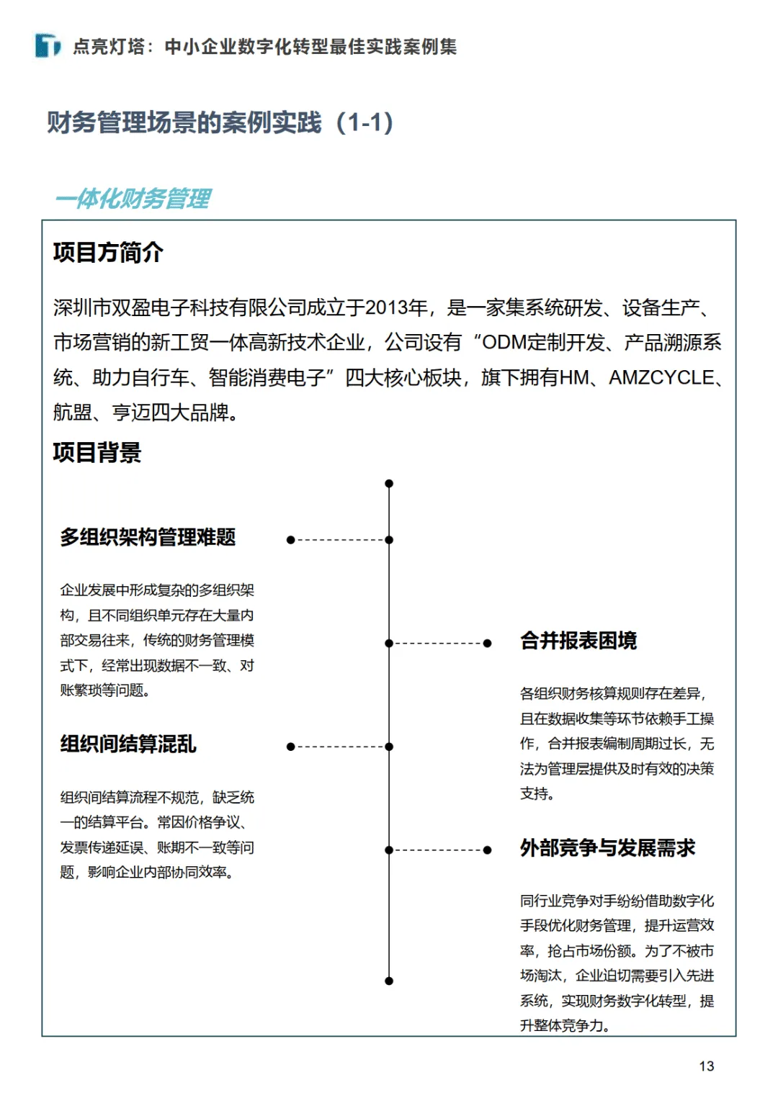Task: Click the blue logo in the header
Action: tap(48, 46)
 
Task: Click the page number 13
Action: tap(706, 1066)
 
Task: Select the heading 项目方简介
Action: tap(108, 253)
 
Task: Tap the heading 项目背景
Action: tap(97, 453)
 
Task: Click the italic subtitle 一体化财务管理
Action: tap(133, 199)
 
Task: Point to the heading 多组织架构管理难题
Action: tap(148, 537)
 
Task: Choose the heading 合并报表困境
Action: tap(578, 641)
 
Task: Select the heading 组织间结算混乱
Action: tap(128, 744)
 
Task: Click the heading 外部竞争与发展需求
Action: tap(607, 848)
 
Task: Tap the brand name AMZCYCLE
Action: tap(661, 378)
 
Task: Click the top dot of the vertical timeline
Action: tap(389, 484)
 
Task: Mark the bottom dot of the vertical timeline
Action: tap(389, 981)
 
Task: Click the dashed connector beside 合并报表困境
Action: tap(438, 644)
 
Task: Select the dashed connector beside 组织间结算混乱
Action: tap(339, 747)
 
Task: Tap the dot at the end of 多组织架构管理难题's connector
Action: tap(291, 540)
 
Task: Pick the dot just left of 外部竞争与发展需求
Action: tap(488, 850)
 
